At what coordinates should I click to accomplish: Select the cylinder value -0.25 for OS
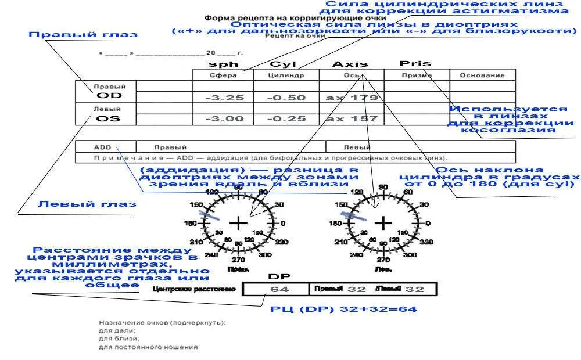(286, 118)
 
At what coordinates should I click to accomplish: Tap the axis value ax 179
(352, 98)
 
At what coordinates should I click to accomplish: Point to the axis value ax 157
(352, 118)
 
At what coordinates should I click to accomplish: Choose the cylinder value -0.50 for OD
(286, 98)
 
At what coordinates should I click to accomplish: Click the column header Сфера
(223, 75)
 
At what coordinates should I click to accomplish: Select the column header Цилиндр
(286, 75)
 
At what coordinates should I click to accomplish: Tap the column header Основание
(482, 75)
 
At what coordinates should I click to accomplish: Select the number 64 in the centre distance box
(279, 289)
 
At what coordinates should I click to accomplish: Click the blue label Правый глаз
(83, 35)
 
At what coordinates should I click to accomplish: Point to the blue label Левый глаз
(87, 204)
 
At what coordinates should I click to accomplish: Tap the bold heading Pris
(415, 63)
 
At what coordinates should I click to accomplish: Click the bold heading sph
(223, 64)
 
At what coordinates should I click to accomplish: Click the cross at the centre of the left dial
(238, 222)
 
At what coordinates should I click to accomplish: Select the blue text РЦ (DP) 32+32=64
(343, 309)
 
